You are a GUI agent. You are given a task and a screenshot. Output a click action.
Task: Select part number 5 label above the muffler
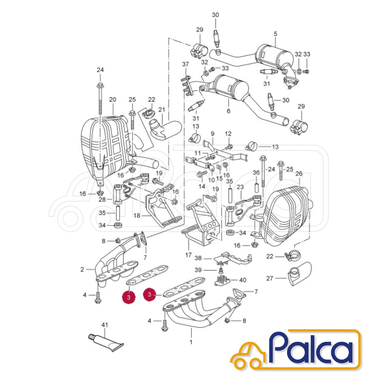[x=275, y=34]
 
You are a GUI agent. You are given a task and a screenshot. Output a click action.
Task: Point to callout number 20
[x=113, y=100]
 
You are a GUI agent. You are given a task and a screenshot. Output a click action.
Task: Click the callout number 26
[x=299, y=173]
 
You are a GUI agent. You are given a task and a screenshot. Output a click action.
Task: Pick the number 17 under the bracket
[x=188, y=255]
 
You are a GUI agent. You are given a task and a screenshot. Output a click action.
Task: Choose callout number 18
[x=137, y=216]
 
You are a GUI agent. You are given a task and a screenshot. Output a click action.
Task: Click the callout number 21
[x=162, y=110]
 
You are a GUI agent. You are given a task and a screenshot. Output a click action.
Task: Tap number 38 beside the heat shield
[x=198, y=258]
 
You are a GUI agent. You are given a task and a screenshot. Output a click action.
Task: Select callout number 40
[x=243, y=280]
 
